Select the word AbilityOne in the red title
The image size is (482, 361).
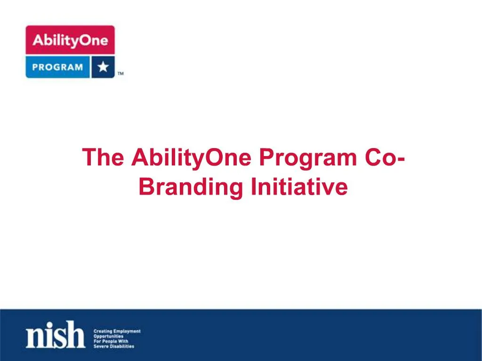(191, 158)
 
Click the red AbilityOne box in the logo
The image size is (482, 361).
(70, 40)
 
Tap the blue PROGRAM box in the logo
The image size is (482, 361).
(57, 67)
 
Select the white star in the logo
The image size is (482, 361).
(103, 67)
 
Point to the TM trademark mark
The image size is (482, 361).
(120, 74)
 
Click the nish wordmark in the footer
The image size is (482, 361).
(56, 335)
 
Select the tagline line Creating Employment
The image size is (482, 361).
(117, 331)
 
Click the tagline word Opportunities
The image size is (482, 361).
(109, 337)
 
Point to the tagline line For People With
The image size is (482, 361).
(111, 341)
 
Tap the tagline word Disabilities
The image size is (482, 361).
(122, 346)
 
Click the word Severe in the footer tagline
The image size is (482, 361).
(100, 346)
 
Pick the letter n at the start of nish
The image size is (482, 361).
(35, 337)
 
